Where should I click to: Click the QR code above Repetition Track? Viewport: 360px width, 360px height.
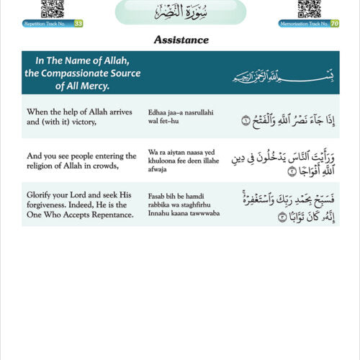(x=53, y=9)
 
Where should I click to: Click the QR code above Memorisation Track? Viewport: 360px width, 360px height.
(x=309, y=9)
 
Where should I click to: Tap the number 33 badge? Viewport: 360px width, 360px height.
(x=78, y=24)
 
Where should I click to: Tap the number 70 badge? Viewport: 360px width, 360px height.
(x=335, y=24)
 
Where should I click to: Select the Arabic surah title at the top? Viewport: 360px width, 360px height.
(x=181, y=12)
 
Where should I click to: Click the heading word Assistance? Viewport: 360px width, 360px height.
(x=180, y=40)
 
